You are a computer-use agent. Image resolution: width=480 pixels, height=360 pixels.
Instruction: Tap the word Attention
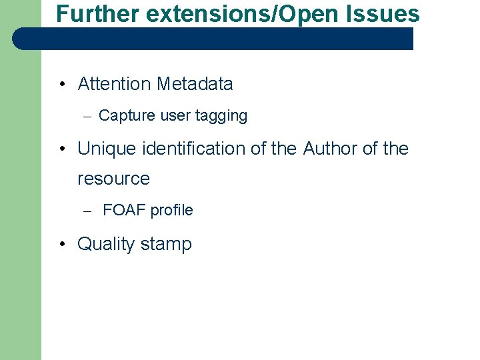pos(115,84)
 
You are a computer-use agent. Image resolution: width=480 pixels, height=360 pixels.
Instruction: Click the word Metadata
pos(195,84)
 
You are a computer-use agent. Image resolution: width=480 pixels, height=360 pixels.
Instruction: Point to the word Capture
pos(127,115)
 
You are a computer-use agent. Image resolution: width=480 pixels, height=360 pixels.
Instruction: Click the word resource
pos(113,179)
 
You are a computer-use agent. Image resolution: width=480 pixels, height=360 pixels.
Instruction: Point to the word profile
pos(171,211)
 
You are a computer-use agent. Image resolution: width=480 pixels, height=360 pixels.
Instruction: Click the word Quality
pos(103,244)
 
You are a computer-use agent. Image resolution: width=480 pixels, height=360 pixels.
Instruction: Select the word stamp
pos(166,245)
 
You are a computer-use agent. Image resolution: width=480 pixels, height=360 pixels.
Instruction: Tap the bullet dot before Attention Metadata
pos(61,85)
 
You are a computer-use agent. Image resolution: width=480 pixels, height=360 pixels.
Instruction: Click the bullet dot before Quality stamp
pos(61,245)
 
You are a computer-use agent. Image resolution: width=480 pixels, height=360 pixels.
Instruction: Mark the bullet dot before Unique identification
pos(61,149)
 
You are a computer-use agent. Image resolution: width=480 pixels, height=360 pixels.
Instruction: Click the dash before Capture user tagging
pos(86,116)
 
